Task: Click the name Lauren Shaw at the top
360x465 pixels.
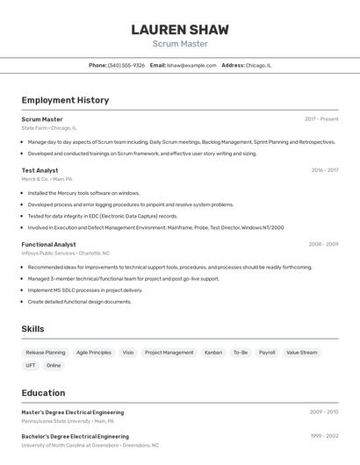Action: (x=179, y=29)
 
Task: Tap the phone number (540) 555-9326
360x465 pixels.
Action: (x=126, y=65)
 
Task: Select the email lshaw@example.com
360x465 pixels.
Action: (x=191, y=65)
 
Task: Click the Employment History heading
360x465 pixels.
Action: (x=65, y=100)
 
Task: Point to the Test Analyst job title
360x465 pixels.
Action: (x=40, y=170)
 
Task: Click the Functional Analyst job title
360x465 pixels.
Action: (x=48, y=244)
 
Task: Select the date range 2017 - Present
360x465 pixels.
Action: (x=321, y=119)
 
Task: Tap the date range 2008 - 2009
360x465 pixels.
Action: (x=323, y=244)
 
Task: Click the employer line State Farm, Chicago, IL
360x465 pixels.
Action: (x=48, y=128)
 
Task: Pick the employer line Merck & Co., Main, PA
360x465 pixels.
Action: (x=47, y=179)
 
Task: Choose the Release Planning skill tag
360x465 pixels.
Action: (x=46, y=353)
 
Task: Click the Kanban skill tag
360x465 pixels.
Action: (x=213, y=353)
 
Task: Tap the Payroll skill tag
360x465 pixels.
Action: (x=267, y=353)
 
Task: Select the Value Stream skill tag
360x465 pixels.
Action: (x=302, y=353)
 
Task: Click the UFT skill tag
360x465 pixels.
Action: (x=31, y=365)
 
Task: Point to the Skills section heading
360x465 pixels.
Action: (x=32, y=329)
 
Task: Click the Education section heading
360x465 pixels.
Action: (x=43, y=393)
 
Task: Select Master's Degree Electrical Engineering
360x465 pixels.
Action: (x=72, y=411)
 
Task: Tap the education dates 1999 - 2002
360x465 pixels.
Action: (x=324, y=435)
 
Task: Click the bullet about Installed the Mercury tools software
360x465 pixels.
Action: (x=83, y=193)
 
